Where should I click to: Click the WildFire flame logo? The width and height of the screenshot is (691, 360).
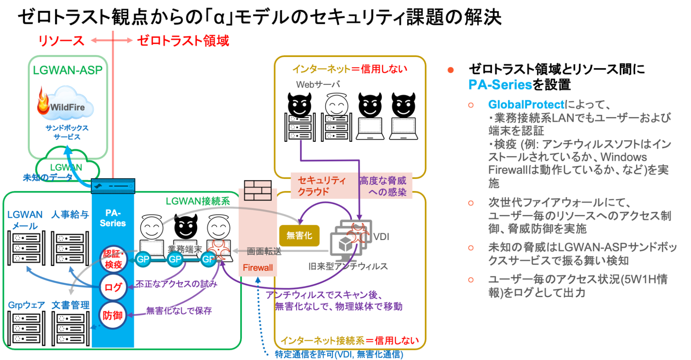[x=43, y=102]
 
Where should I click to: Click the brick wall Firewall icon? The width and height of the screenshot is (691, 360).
[x=258, y=190]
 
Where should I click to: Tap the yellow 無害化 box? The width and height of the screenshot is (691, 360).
[x=299, y=236]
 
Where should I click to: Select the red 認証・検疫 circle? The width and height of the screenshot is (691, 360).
[x=113, y=259]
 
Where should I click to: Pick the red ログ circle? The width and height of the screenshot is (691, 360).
[x=113, y=287]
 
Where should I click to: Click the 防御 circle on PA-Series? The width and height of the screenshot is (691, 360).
[x=113, y=315]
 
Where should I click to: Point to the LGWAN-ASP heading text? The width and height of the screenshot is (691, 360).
[x=68, y=70]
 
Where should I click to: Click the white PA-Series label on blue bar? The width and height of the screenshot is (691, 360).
[x=113, y=218]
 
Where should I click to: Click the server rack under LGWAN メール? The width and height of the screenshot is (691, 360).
[x=26, y=248]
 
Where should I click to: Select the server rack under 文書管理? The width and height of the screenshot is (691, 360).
[x=70, y=329]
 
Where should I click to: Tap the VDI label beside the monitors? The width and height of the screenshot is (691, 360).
[x=381, y=237]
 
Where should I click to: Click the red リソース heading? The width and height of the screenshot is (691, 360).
[x=61, y=41]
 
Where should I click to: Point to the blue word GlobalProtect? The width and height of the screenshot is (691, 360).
[x=526, y=104]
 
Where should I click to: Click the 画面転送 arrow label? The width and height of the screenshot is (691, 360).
[x=264, y=251]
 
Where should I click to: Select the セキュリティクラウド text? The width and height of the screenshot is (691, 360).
[x=321, y=186]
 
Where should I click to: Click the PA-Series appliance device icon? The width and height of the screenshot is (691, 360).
[x=113, y=186]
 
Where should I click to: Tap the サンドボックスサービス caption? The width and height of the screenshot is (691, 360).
[x=67, y=132]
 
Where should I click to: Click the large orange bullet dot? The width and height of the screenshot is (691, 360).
[x=450, y=70]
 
